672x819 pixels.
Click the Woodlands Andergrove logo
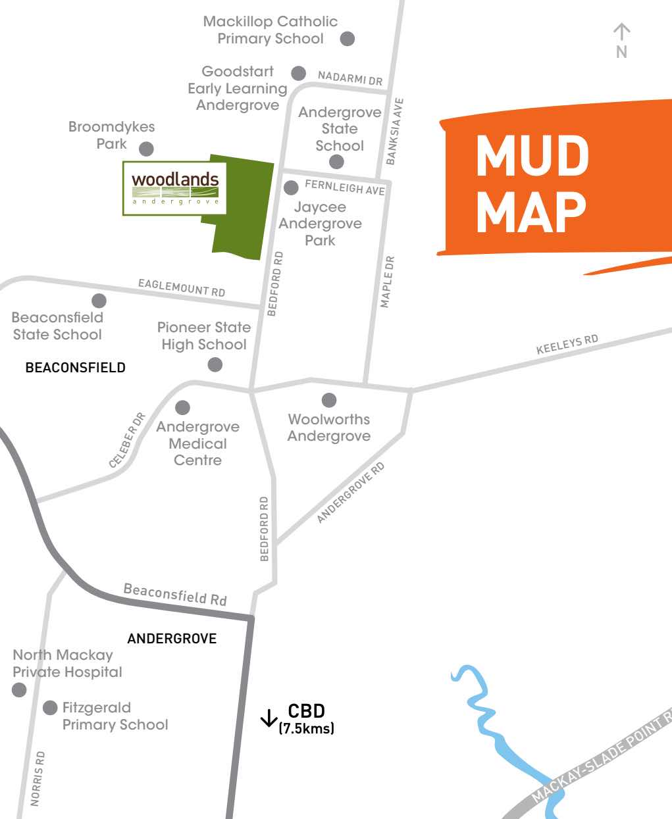174,187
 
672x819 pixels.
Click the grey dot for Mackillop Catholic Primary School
348,39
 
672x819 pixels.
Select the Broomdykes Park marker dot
146,149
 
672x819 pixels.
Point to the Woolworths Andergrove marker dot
328,400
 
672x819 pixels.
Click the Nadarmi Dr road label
350,78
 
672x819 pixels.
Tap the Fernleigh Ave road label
344,188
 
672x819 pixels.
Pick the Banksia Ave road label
395,132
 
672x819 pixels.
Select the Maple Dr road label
388,282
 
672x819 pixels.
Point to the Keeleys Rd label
567,345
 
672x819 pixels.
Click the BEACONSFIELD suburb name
75,368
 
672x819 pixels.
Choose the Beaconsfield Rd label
175,595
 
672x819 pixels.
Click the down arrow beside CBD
268,718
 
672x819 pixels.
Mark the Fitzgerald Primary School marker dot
50,708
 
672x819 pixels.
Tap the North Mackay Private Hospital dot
19,689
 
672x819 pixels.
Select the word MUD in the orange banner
532,156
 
